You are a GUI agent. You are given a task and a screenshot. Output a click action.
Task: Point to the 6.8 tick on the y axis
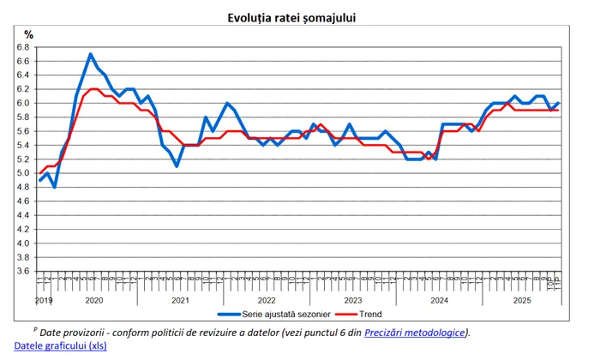24,47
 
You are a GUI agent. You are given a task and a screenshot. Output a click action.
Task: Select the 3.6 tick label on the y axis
24,271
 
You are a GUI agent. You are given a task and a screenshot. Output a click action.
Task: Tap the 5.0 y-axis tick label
24,173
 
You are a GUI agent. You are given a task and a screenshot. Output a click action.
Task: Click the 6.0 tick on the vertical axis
24,103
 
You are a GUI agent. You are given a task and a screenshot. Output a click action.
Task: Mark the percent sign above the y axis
28,34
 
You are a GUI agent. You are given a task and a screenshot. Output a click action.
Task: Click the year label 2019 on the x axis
44,301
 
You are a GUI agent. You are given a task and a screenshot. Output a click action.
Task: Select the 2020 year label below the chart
93,301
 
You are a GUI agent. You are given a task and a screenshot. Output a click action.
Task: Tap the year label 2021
179,301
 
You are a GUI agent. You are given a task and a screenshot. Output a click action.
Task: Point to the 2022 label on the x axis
266,301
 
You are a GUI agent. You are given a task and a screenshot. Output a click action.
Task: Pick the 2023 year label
351,301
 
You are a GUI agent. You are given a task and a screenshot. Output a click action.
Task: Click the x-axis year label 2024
438,301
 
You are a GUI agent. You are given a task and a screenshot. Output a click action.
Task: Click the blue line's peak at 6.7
90,54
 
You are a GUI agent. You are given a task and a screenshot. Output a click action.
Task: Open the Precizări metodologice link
416,333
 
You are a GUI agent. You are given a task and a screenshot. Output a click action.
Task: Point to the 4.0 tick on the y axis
24,243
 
